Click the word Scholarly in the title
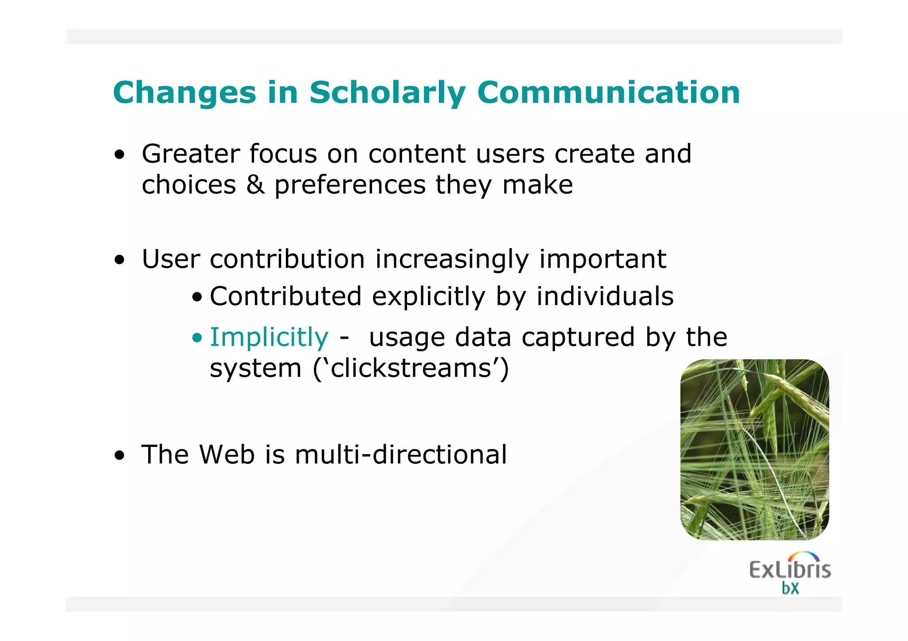(x=387, y=93)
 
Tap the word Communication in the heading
(x=608, y=93)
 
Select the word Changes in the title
(x=184, y=93)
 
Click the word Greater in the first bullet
(x=190, y=154)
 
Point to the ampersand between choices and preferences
(x=255, y=185)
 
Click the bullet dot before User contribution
(x=119, y=260)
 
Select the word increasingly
(x=452, y=260)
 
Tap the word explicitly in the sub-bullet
(x=429, y=296)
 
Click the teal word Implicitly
(x=269, y=338)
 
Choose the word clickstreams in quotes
(x=411, y=368)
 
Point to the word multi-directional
(x=400, y=455)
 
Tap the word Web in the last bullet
(x=227, y=455)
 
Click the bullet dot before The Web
(x=119, y=455)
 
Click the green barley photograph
(x=754, y=449)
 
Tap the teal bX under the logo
(x=790, y=588)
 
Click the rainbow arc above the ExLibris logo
(x=804, y=556)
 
